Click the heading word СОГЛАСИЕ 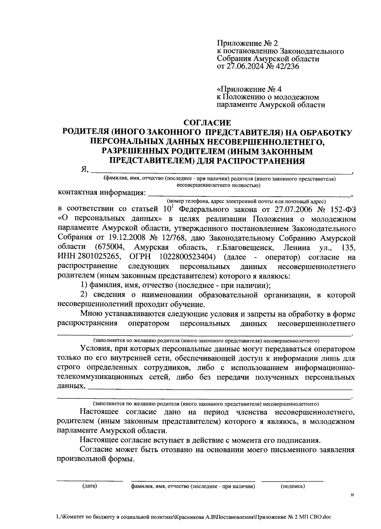(208, 122)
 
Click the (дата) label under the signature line (89, 486)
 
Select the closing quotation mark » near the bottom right (351, 494)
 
